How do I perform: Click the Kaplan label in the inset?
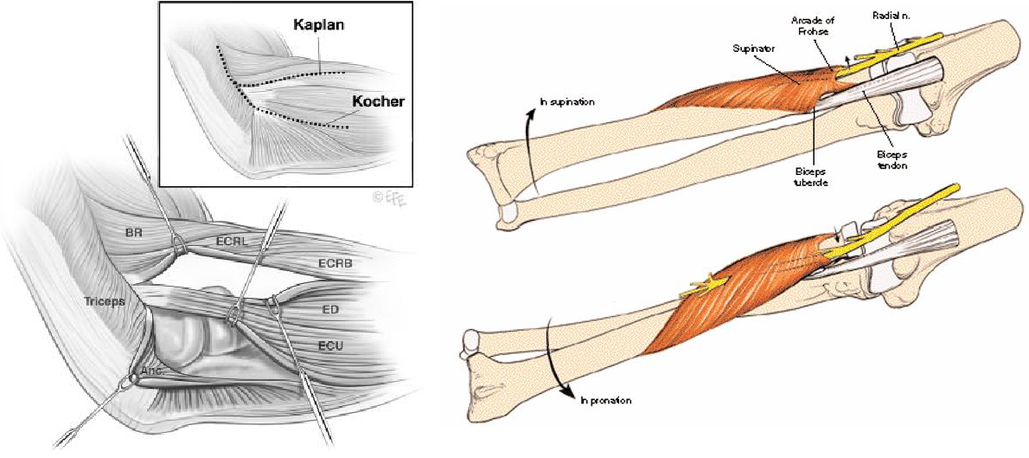point(318,24)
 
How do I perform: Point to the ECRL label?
point(233,242)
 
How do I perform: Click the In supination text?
point(566,101)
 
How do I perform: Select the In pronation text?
point(605,400)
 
